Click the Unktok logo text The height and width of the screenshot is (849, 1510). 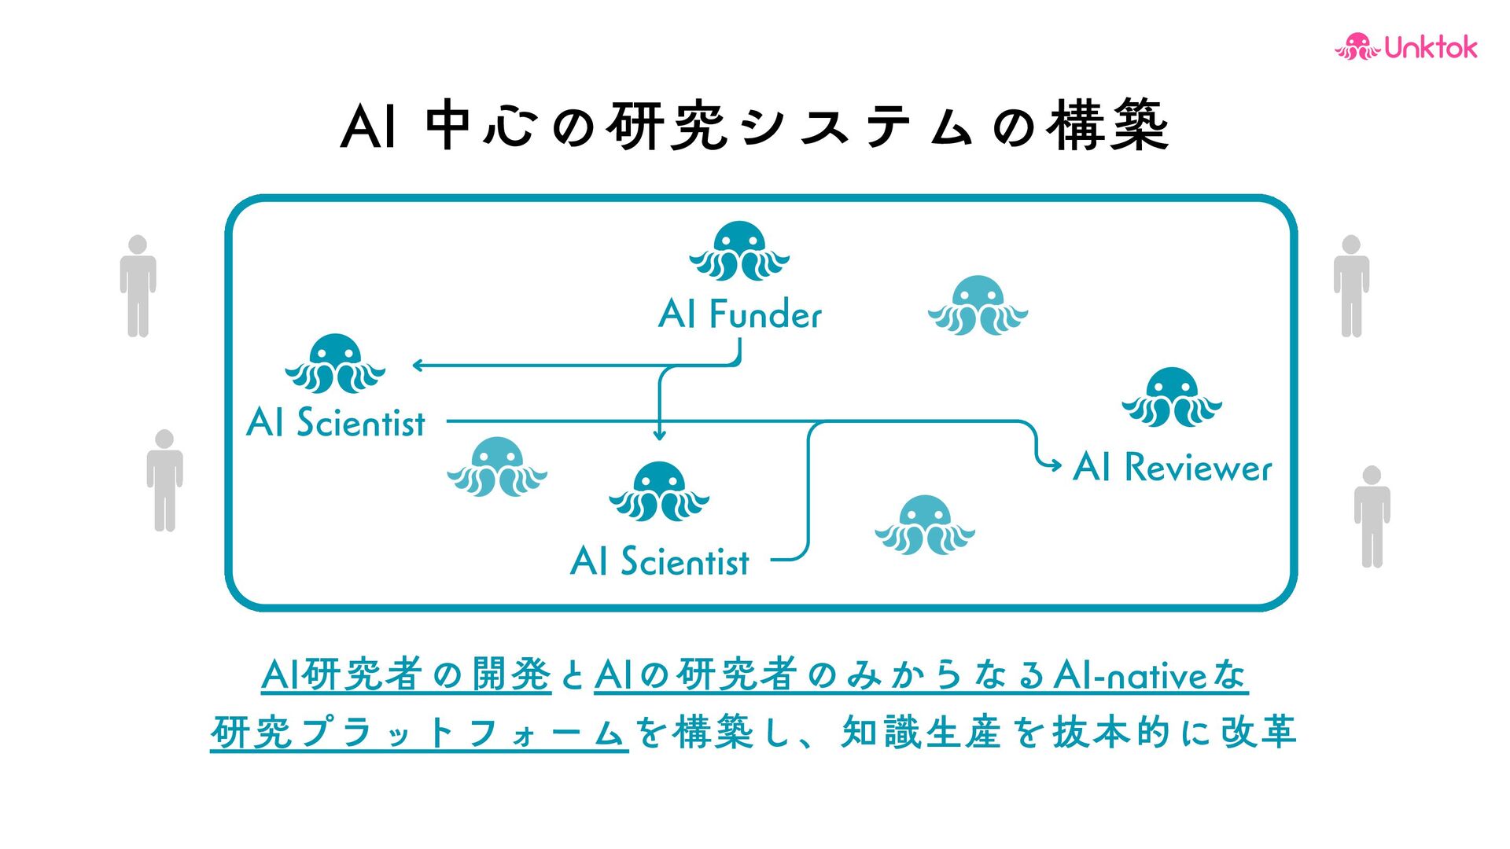pos(1431,48)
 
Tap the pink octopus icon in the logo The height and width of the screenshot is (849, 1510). pos(1357,47)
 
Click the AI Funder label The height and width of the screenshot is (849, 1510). pos(740,314)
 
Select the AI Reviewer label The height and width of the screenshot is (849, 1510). pos(1172,468)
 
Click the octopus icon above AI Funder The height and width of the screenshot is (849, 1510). pos(739,252)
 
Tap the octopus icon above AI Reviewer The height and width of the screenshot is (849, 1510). pos(1172,398)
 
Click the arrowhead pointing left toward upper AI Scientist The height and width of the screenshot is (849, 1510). pos(418,365)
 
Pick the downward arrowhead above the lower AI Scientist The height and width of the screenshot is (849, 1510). pos(660,435)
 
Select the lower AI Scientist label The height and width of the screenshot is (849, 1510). pos(660,562)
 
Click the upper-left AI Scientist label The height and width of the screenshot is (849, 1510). pos(336,423)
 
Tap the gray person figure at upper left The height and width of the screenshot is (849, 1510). pos(138,286)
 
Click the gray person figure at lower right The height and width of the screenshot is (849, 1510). pos(1372,516)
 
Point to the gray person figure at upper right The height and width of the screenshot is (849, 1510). pos(1351,286)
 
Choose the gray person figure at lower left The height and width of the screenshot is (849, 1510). pos(164,480)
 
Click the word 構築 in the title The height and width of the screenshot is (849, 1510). pos(1109,126)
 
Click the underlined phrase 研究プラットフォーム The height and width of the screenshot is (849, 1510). pos(418,733)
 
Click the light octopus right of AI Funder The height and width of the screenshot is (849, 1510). pos(978,306)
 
